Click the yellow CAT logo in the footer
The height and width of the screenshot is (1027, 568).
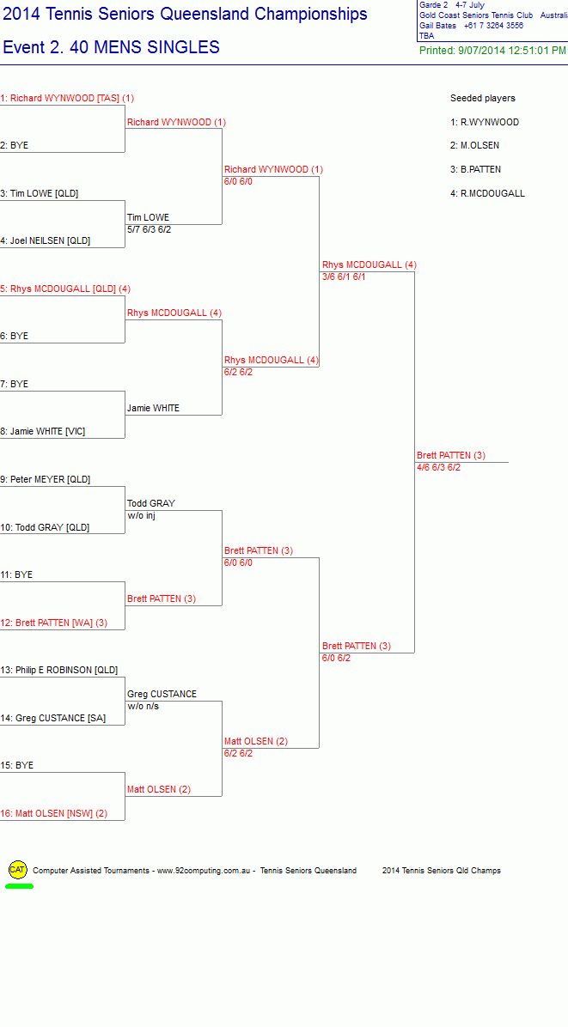pos(18,870)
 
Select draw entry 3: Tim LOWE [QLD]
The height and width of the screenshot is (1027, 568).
pos(40,193)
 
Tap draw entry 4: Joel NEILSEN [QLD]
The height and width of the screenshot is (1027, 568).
pos(46,241)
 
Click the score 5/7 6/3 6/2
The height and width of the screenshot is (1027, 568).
pos(150,230)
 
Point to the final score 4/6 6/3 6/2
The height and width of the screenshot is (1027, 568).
pos(438,468)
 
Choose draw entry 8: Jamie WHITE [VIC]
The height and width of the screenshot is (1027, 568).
pos(43,432)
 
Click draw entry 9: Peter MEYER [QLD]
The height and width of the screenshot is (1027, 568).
pos(46,479)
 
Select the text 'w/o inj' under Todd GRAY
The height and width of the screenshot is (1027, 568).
pos(141,515)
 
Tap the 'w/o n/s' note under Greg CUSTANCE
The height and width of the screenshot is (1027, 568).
pos(143,706)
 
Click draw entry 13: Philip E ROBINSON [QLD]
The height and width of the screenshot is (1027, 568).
pos(59,670)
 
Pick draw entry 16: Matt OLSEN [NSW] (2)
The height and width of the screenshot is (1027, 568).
pos(54,813)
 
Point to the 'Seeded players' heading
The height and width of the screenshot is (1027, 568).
pos(483,98)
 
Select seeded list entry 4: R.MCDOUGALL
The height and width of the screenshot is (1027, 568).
pos(487,193)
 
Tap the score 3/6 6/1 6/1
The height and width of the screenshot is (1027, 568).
pos(344,277)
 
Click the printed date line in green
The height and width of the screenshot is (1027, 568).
pos(492,51)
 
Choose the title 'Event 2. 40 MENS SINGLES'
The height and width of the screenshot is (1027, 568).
pos(112,47)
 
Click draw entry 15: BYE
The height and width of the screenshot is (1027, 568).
pos(17,765)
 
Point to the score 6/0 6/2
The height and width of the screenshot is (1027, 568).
pos(336,659)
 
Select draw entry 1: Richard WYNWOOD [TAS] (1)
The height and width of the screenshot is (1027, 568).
pos(67,98)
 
